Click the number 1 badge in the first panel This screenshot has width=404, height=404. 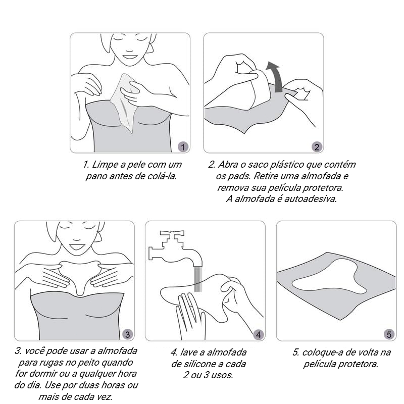click(x=183, y=147)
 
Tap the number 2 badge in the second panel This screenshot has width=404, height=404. click(x=317, y=147)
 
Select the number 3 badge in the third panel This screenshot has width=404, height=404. click(x=127, y=335)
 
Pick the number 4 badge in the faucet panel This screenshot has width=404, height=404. click(x=258, y=335)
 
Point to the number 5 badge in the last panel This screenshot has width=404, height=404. click(x=389, y=335)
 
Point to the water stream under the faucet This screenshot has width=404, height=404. click(x=197, y=279)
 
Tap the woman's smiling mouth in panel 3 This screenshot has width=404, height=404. click(x=76, y=246)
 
